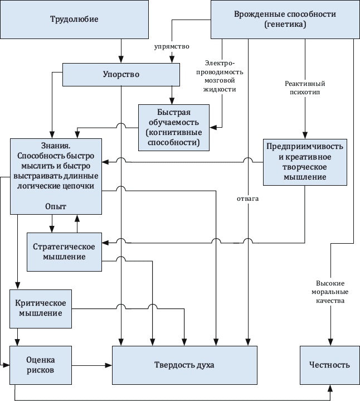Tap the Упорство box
[x=120, y=74]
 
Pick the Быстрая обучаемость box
[x=174, y=128]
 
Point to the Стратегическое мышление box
[x=64, y=252]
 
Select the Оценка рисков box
[x=41, y=365]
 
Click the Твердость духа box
[x=184, y=365]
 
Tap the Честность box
[x=329, y=365]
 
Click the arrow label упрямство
[x=172, y=46]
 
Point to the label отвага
[x=248, y=199]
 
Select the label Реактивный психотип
[x=304, y=89]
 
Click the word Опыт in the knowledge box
[x=56, y=206]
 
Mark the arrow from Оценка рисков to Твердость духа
[x=93, y=365]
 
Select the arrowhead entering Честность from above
[x=330, y=341]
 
